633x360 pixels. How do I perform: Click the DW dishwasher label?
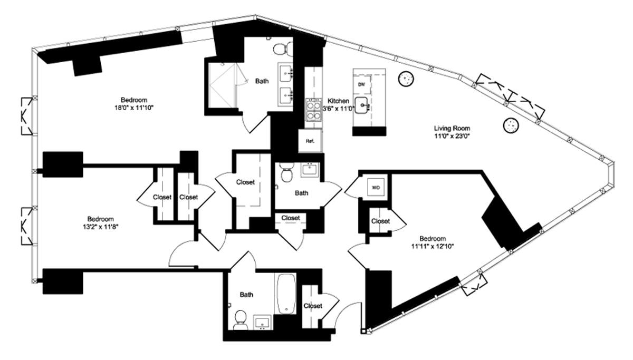pos(361,84)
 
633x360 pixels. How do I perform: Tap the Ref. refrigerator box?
pos(310,141)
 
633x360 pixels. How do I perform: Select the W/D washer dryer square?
pos(376,187)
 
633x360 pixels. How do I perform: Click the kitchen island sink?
pos(361,105)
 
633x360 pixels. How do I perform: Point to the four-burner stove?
pos(313,110)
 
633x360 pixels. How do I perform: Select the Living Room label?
pos(452,129)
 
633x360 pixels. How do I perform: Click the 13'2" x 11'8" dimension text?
pos(99,227)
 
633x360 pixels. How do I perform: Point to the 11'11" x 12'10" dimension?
pos(433,246)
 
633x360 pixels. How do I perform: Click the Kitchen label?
pos(338,101)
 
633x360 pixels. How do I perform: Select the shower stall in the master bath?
pos(222,85)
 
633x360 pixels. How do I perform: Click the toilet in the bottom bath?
pos(241,319)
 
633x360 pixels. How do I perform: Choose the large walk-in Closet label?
pos(245,182)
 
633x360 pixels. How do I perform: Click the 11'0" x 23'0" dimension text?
pos(452,137)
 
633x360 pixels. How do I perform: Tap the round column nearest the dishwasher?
pos(406,79)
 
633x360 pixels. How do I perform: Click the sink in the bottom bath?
pos(263,322)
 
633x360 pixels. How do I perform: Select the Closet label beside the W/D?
pos(380,221)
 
